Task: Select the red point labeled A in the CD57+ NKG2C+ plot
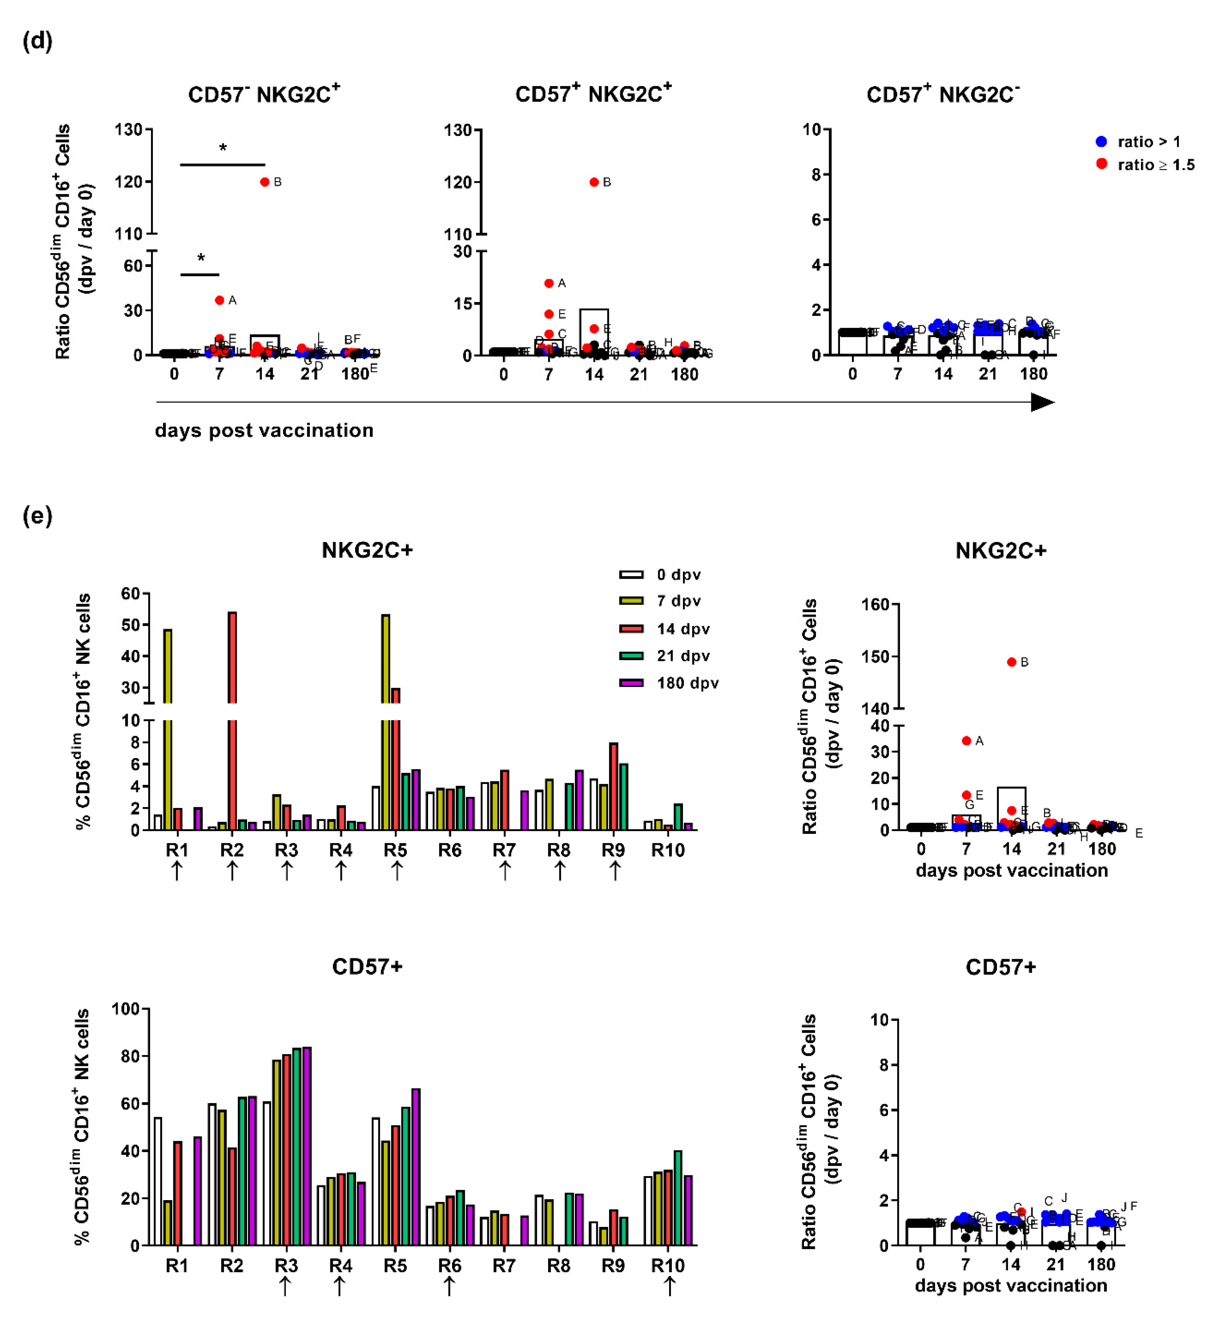(549, 283)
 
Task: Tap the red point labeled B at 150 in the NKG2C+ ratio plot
(1011, 662)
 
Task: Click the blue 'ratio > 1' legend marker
(1101, 141)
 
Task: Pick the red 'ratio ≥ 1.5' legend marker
(1101, 164)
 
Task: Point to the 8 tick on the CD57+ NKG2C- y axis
(816, 174)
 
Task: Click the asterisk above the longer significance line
(223, 148)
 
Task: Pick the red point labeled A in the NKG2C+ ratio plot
(967, 741)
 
